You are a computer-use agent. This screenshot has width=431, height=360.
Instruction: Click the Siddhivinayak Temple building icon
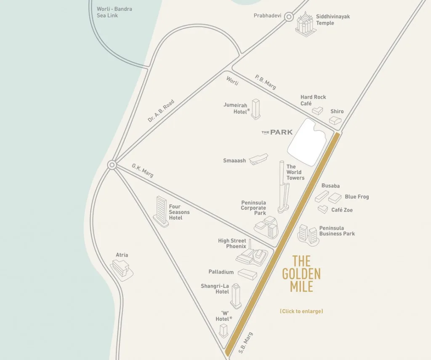[305, 24]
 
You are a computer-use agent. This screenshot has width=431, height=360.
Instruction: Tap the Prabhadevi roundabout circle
[289, 17]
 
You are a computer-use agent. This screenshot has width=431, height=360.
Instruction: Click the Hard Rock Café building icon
[317, 111]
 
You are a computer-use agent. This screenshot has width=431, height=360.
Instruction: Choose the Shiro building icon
[335, 120]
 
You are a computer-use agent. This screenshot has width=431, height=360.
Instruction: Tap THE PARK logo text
[277, 132]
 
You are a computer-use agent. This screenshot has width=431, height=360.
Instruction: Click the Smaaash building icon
[258, 159]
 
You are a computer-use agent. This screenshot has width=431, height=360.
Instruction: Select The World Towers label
[295, 172]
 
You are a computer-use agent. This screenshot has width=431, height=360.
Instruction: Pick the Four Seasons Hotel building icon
[161, 212]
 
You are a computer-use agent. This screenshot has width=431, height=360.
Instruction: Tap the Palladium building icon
[247, 274]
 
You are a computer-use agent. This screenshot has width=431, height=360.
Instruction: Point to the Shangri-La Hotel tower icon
[236, 296]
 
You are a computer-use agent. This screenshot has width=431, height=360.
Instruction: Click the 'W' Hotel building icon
[223, 331]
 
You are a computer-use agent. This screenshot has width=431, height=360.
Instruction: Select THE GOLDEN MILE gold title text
[301, 274]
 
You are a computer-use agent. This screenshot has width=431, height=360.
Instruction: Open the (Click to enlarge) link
[301, 312]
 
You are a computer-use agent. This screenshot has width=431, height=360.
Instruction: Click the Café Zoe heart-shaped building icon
[323, 209]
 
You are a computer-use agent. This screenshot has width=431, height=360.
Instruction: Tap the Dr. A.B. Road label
[161, 111]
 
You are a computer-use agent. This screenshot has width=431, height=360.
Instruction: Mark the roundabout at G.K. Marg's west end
[112, 165]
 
